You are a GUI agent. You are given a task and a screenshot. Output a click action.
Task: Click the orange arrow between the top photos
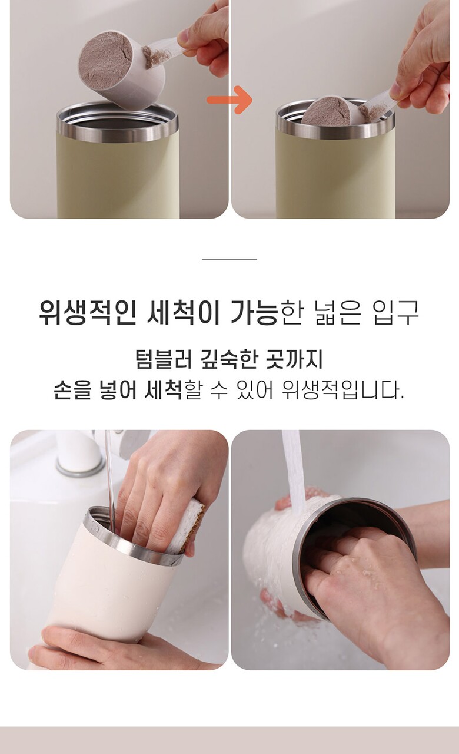pyautogui.click(x=229, y=100)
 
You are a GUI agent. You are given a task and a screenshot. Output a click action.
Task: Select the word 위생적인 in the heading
pyautogui.click(x=88, y=312)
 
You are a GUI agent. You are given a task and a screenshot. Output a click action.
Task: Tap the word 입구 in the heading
pyautogui.click(x=396, y=312)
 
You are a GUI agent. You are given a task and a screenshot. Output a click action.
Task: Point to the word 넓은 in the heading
pyautogui.click(x=338, y=312)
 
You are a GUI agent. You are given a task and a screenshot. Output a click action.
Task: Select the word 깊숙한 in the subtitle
pyautogui.click(x=229, y=359)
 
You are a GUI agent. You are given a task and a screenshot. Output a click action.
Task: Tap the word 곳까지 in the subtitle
pyautogui.click(x=294, y=359)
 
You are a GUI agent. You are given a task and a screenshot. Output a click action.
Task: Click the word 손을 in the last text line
pyautogui.click(x=72, y=390)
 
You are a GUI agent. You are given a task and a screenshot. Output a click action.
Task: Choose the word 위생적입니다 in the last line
pyautogui.click(x=343, y=390)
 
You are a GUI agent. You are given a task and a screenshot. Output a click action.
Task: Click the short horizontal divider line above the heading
pyautogui.click(x=229, y=259)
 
